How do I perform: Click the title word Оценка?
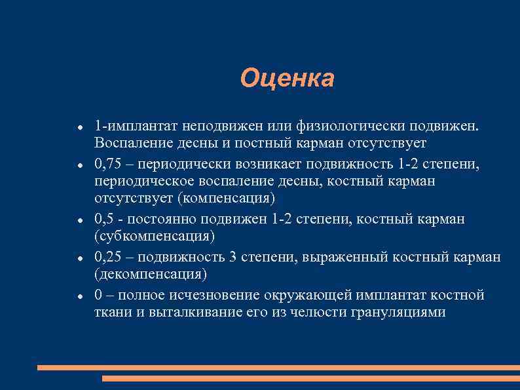coord(287,78)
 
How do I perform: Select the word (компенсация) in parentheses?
coord(217,198)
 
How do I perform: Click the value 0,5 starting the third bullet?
coord(105,218)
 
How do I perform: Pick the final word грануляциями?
coord(400,312)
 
